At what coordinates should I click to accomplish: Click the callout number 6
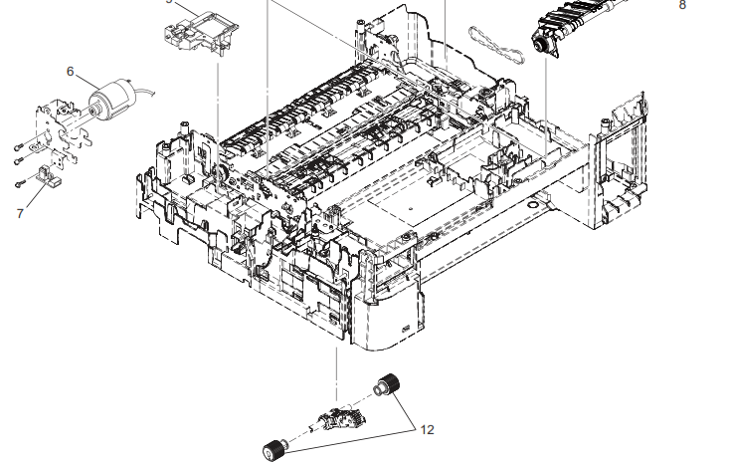click(x=71, y=71)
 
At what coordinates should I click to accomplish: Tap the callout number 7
click(x=19, y=211)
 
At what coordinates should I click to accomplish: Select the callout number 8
click(x=682, y=5)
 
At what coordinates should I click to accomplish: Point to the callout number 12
click(x=428, y=430)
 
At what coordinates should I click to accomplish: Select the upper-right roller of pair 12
click(x=386, y=385)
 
